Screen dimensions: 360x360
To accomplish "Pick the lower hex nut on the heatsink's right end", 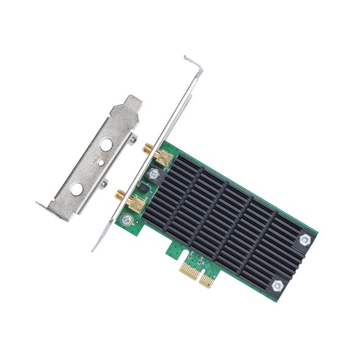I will (x=277, y=284).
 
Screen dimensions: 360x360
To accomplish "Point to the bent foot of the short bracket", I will (x=44, y=206).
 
